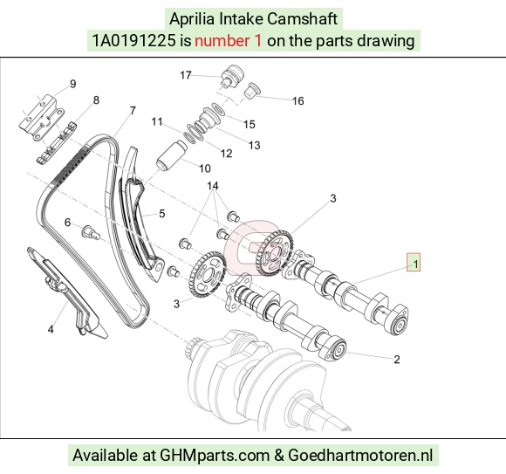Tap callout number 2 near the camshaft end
(x=397, y=360)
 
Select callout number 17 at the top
(x=186, y=75)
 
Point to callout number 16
(x=298, y=101)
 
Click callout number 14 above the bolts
(x=213, y=186)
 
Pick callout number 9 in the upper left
(x=73, y=84)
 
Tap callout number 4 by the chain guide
(x=51, y=329)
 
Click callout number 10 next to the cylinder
(x=205, y=168)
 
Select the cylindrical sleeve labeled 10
(x=172, y=155)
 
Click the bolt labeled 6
(x=91, y=232)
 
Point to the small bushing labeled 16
(x=252, y=91)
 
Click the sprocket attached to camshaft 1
(x=274, y=253)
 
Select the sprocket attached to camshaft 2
(x=207, y=275)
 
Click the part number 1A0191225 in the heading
(x=134, y=41)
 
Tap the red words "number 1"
(x=228, y=41)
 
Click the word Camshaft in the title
(x=303, y=18)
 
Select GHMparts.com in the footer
(x=215, y=456)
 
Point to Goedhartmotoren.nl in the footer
(x=359, y=456)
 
